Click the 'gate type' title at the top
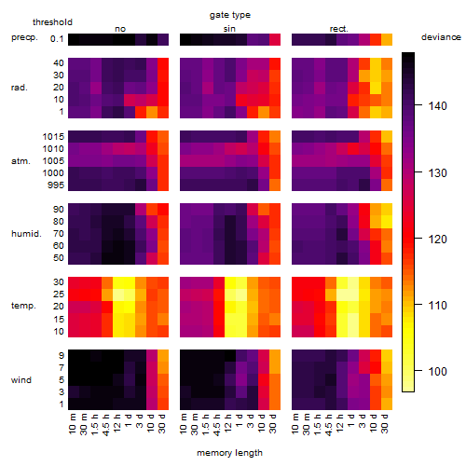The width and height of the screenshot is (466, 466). coord(230,15)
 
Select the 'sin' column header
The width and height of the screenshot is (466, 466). coord(229,29)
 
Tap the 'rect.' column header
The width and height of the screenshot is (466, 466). coord(338,29)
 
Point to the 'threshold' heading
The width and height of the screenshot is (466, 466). coord(52,22)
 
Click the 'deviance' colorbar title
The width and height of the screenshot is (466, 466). coord(441,37)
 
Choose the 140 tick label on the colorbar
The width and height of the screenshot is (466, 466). coord(437,106)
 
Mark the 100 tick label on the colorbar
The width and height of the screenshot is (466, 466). coord(437,371)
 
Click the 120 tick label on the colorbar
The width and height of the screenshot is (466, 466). coord(437,239)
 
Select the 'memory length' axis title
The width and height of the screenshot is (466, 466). coord(229,453)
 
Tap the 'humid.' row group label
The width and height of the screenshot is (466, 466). coord(26,234)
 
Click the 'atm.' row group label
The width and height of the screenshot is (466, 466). coord(21,161)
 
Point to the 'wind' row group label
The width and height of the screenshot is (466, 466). coord(21,380)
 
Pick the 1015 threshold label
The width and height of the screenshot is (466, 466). coord(53,137)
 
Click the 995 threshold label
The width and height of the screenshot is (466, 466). coord(56,185)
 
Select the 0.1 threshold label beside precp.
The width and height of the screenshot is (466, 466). coord(57,39)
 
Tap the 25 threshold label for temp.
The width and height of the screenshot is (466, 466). coord(59,295)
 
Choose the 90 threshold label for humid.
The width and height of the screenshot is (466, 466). coord(59,210)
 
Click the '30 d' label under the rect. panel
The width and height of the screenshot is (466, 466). coord(385,423)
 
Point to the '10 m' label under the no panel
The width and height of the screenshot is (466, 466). coord(72,423)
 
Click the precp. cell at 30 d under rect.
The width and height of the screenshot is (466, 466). coord(387,39)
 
